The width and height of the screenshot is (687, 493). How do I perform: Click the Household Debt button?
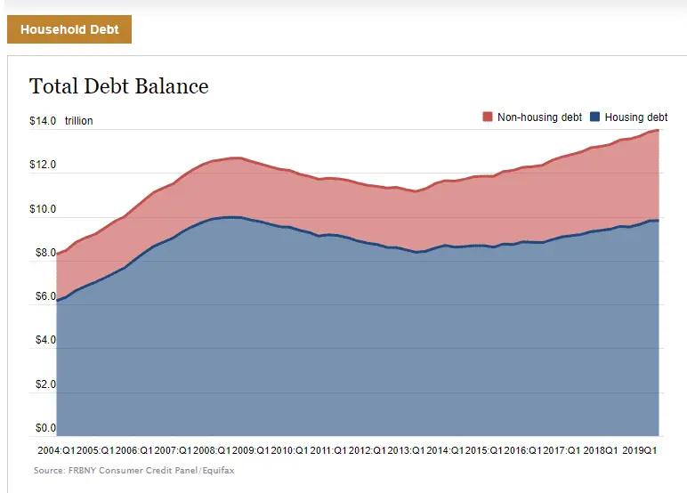click(x=69, y=29)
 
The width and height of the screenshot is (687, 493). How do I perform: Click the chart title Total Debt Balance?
click(x=118, y=86)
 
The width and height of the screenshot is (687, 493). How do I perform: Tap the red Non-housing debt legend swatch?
click(x=488, y=117)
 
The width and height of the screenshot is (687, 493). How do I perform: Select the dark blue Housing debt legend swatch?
click(x=596, y=117)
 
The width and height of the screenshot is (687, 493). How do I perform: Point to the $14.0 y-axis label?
click(x=43, y=121)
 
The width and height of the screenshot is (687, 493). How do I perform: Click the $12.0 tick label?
click(x=43, y=166)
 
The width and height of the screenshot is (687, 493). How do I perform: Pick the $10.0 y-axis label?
click(x=43, y=210)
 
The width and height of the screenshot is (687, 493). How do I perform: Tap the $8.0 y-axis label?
click(x=45, y=254)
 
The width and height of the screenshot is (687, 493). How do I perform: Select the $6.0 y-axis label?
click(x=45, y=297)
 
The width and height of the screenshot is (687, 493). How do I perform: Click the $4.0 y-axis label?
click(x=45, y=341)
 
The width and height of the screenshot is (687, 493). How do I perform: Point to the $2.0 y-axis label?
click(x=45, y=385)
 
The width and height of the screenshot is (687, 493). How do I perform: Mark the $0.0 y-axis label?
click(x=45, y=429)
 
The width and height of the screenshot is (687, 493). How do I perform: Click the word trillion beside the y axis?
click(x=78, y=121)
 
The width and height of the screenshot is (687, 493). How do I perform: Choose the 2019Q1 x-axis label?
click(x=639, y=451)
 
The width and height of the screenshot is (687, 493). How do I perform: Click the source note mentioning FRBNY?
click(x=134, y=470)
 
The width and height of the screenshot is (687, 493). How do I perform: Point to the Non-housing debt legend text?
click(x=539, y=117)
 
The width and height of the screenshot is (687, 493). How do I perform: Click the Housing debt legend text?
click(x=635, y=117)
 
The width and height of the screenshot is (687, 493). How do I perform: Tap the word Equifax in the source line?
click(x=217, y=470)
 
